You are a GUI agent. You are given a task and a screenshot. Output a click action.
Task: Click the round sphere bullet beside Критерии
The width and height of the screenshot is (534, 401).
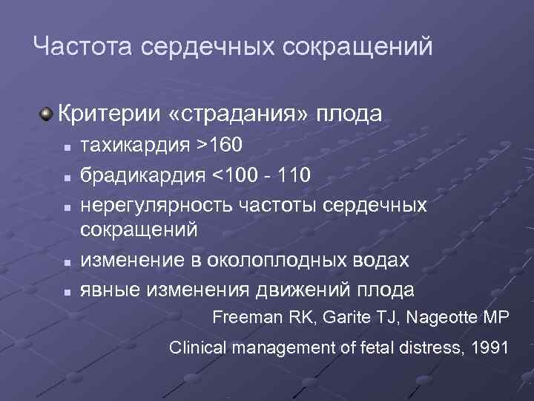click(x=47, y=114)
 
